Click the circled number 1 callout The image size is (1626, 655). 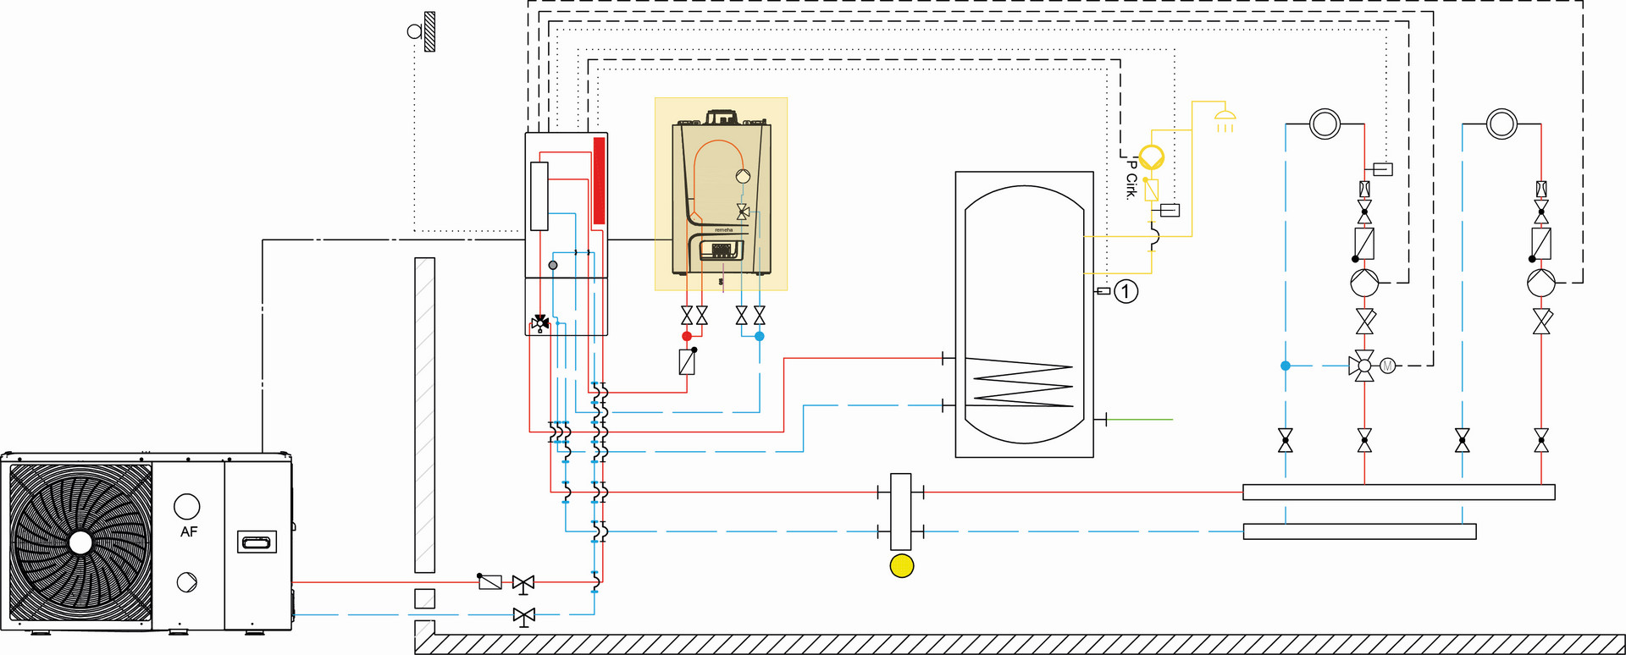(1125, 292)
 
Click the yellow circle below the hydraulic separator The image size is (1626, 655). (902, 566)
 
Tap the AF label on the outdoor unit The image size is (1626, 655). (189, 532)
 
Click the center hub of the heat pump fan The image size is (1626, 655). (80, 542)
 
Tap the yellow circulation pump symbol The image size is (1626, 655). (1152, 157)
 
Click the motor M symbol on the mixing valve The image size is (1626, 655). (1387, 366)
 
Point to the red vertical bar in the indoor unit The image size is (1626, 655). (599, 180)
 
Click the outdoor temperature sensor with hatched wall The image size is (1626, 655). (423, 31)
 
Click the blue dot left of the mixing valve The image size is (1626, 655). (1286, 366)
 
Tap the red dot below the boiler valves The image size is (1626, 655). (687, 337)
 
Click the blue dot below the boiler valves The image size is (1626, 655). (760, 337)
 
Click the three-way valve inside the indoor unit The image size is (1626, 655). (540, 322)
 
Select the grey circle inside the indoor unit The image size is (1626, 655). (553, 265)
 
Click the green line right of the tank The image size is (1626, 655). (1140, 419)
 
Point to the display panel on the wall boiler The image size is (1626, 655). (722, 250)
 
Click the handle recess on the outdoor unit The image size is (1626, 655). (257, 542)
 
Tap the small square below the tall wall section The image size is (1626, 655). (424, 598)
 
